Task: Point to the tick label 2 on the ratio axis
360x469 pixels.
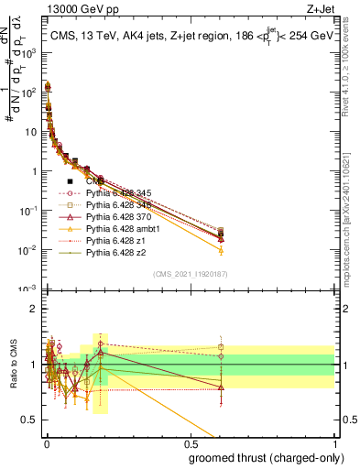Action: (x=34, y=309)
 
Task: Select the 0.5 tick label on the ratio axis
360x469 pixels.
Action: (x=30, y=420)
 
